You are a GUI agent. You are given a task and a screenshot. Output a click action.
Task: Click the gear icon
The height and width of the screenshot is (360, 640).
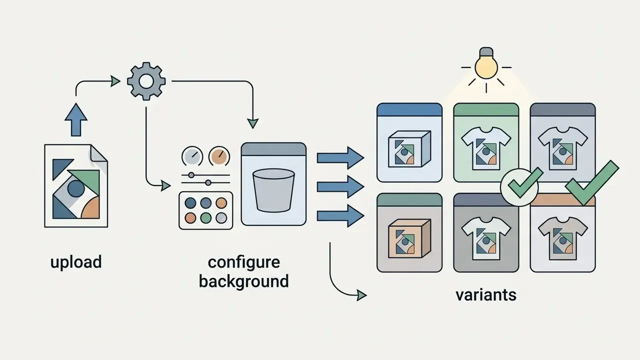146,81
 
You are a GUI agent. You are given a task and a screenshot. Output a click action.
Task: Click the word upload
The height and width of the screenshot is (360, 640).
76,262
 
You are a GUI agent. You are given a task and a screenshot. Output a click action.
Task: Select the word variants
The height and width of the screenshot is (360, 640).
486,295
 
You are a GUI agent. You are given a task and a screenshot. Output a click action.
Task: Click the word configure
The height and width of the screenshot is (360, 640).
243,263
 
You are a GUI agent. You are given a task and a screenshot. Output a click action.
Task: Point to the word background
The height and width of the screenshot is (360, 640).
243,281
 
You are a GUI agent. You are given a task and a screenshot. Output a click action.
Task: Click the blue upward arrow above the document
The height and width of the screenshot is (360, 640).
76,119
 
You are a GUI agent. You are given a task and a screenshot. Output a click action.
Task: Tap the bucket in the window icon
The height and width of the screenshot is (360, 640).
273,190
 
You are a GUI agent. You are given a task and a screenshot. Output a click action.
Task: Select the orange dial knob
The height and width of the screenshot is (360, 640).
219,156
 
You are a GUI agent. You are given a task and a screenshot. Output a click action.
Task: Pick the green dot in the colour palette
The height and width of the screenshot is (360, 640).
205,218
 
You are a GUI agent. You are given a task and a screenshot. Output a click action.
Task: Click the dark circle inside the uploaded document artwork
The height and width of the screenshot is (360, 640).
75,188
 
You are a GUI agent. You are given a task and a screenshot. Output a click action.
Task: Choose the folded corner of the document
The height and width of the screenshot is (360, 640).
99,153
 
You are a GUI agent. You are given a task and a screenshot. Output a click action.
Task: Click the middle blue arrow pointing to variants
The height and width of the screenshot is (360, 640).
340,187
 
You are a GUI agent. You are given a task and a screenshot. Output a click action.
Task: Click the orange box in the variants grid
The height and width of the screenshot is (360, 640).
409,238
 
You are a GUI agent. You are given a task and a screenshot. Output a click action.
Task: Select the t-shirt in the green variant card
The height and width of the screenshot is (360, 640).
486,148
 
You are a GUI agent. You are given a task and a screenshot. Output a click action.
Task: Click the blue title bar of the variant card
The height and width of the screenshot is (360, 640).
409,109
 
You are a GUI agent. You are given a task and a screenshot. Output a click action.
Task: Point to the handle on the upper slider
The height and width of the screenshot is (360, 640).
191,175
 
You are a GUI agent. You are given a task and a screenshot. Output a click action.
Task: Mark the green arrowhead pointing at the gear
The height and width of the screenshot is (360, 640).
115,81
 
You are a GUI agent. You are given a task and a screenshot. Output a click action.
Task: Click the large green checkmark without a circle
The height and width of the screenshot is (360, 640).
592,183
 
